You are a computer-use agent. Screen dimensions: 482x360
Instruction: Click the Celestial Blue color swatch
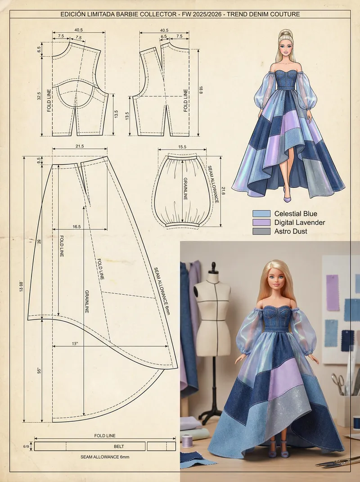pos(261,213)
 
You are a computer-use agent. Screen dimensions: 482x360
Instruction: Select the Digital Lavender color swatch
pos(261,222)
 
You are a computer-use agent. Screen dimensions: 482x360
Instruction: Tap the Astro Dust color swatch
pos(261,231)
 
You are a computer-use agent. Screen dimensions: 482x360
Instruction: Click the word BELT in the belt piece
pos(119,446)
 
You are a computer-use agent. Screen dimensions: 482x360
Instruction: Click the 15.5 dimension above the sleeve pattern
pos(182,147)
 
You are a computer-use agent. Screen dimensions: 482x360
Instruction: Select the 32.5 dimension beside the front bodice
pos(40,96)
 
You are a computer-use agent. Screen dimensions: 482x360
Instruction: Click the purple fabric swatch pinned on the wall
pos(333,293)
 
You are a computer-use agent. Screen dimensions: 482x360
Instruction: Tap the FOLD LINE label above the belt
pos(104,436)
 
